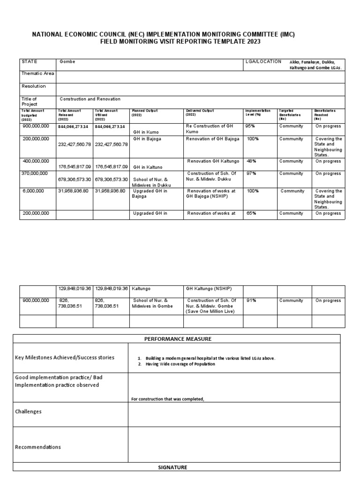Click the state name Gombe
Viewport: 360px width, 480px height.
pyautogui.click(x=67, y=62)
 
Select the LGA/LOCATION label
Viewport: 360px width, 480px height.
pyautogui.click(x=263, y=61)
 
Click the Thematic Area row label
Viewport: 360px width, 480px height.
pyautogui.click(x=37, y=74)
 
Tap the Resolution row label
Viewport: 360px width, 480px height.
pyautogui.click(x=34, y=86)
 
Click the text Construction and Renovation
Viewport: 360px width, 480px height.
pyautogui.click(x=90, y=99)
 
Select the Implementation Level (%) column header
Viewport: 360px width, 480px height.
pyautogui.click(x=258, y=113)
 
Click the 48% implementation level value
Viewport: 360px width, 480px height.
pyautogui.click(x=251, y=161)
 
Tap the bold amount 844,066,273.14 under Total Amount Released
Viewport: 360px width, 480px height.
pyautogui.click(x=75, y=127)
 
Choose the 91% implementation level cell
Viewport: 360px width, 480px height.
pyautogui.click(x=251, y=300)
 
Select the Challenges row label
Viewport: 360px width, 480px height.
pyautogui.click(x=29, y=412)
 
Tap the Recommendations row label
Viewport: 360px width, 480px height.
pyautogui.click(x=38, y=447)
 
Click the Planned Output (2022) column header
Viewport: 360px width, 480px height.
pyautogui.click(x=145, y=113)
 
